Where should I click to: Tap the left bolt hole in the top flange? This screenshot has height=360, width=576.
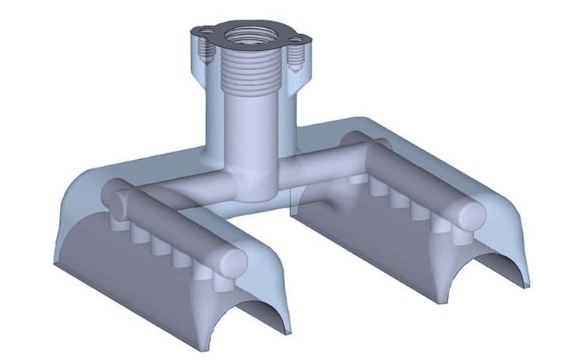pyautogui.click(x=202, y=31)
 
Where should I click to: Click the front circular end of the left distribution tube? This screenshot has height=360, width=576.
pyautogui.click(x=232, y=262)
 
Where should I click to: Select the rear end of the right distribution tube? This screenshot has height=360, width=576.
pyautogui.click(x=353, y=141)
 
